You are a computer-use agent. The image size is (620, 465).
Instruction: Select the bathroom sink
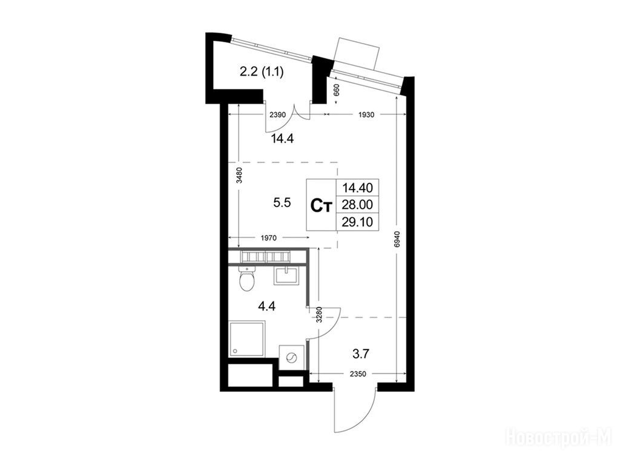click(x=288, y=275)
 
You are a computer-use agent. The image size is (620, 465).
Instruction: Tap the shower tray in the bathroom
click(x=247, y=338)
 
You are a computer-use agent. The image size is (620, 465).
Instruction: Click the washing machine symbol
click(x=292, y=357)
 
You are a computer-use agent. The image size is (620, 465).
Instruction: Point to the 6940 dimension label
click(x=397, y=239)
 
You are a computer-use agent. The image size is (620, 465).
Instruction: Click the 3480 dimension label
click(x=239, y=176)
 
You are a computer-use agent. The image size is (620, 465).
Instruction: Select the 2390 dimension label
click(x=277, y=114)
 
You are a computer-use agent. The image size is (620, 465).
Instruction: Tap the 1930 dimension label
click(x=366, y=114)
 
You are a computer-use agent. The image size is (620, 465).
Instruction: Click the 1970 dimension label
click(x=268, y=238)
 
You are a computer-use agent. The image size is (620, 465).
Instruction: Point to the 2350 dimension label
click(x=358, y=374)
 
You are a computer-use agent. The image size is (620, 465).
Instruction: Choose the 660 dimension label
click(x=337, y=92)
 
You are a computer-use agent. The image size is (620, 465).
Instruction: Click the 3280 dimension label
click(x=320, y=315)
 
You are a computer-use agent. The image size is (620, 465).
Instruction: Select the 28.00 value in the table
click(x=357, y=205)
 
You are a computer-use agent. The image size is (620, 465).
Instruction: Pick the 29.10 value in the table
click(x=357, y=222)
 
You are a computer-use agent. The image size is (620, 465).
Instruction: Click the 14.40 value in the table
click(x=357, y=187)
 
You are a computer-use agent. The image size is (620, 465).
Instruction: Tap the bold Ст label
click(x=321, y=206)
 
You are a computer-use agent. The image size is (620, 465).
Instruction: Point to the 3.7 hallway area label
click(x=361, y=353)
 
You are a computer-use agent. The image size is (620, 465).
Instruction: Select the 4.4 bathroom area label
click(x=266, y=306)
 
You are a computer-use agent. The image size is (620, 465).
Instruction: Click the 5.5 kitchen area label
click(x=282, y=202)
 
